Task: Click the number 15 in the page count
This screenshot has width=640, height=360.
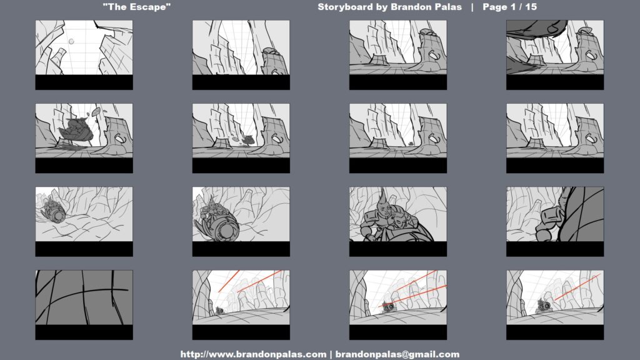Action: click(x=531, y=7)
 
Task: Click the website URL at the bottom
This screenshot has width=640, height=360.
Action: click(x=254, y=354)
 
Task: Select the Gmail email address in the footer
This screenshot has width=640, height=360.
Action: click(x=397, y=354)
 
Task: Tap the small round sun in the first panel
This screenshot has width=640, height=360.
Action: click(x=71, y=41)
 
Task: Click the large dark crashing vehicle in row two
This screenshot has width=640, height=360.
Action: click(x=76, y=129)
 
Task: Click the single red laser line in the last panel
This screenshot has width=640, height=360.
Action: click(x=577, y=287)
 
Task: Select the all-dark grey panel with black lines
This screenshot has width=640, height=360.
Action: click(x=84, y=297)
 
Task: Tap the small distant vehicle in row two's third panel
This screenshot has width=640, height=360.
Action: click(x=410, y=144)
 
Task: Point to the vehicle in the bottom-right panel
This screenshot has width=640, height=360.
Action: click(x=544, y=305)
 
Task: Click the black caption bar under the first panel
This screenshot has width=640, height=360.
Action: click(x=84, y=82)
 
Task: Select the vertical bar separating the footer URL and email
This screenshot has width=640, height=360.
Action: click(x=331, y=354)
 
